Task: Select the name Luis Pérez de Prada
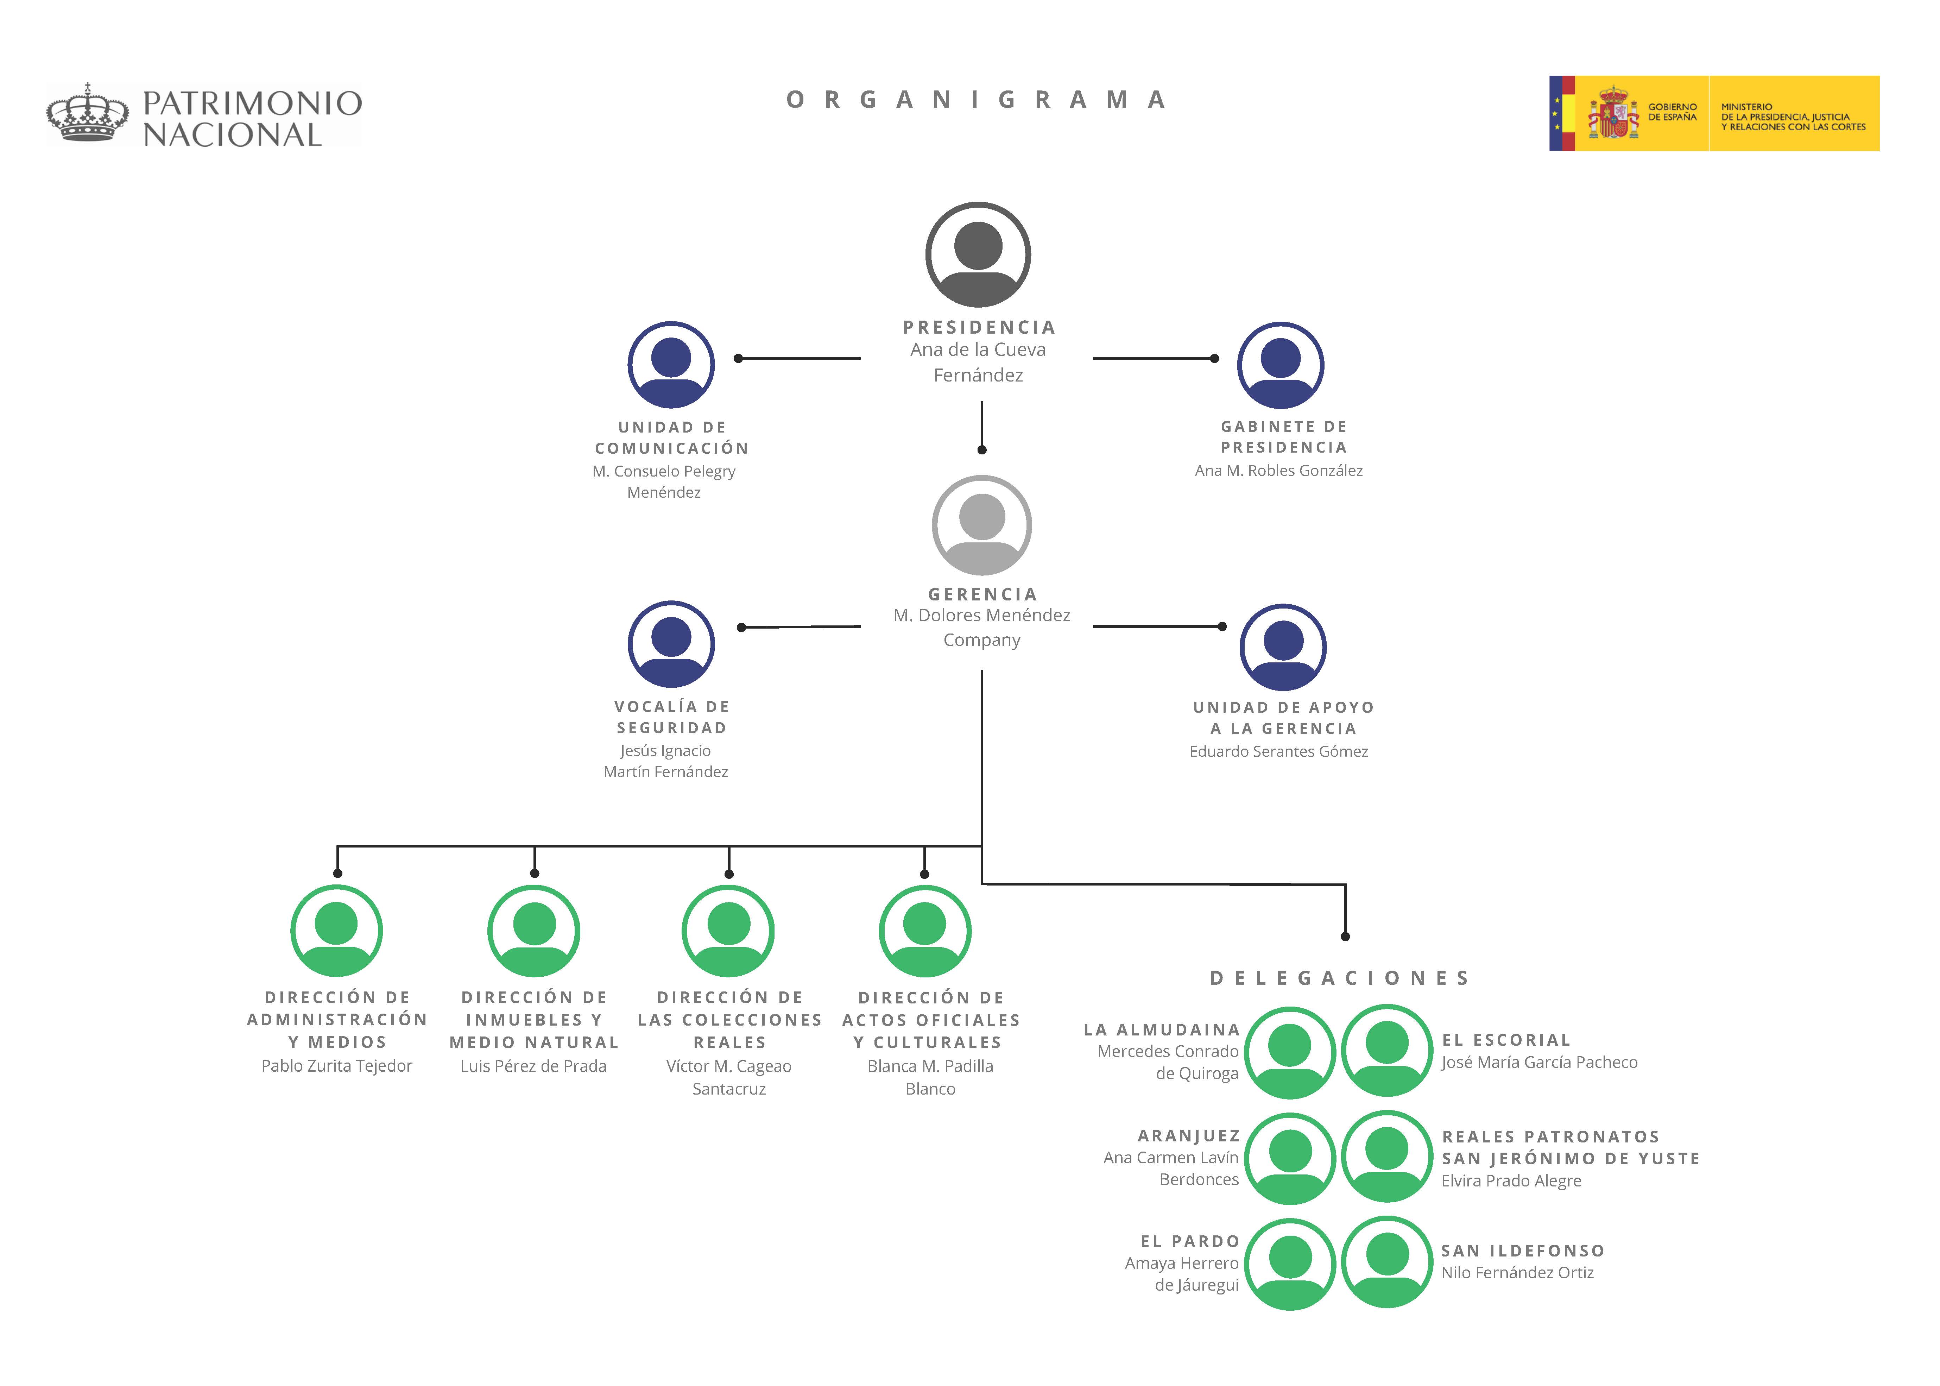[x=533, y=1066]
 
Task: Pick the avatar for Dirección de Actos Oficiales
[x=925, y=931]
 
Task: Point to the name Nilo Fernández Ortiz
[x=1517, y=1272]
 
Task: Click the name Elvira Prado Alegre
[x=1511, y=1181]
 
